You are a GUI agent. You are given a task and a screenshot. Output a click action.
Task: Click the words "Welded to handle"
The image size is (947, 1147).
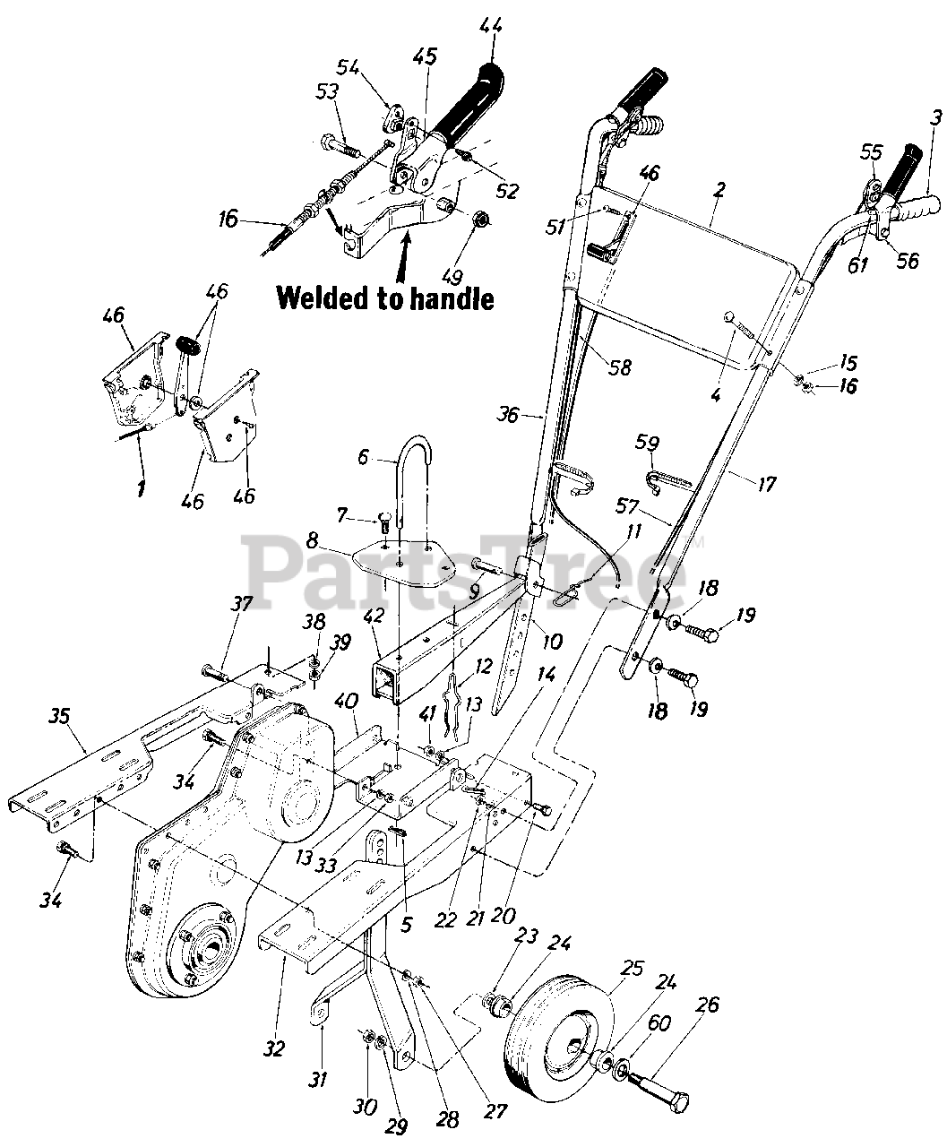[385, 298]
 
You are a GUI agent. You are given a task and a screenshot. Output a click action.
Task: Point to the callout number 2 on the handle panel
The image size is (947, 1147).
[719, 190]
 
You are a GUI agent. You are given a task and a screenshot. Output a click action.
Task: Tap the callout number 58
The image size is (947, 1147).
[620, 367]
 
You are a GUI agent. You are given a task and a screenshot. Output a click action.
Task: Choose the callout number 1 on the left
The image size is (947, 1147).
[142, 487]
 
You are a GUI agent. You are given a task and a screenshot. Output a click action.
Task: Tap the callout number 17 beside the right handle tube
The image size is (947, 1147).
[767, 484]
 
